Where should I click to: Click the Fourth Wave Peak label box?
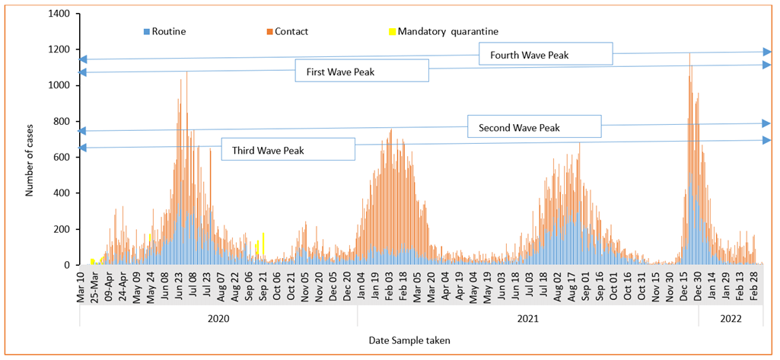pyautogui.click(x=546, y=55)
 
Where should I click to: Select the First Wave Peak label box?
pyautogui.click(x=361, y=72)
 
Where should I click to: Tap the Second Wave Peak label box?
pyautogui.click(x=534, y=127)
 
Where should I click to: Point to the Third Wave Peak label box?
pyautogui.click(x=288, y=150)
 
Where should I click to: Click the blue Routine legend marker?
pyautogui.click(x=146, y=32)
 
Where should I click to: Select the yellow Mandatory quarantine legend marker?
pyautogui.click(x=393, y=32)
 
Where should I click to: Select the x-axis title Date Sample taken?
pyautogui.click(x=409, y=340)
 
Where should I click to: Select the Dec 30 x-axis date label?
pyautogui.click(x=697, y=284)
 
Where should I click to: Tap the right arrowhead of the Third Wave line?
pyautogui.click(x=768, y=140)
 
